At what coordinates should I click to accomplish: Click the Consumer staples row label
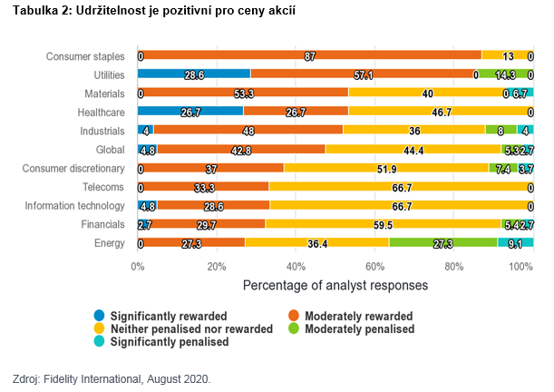[85, 56]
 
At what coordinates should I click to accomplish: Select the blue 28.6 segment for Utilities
[194, 74]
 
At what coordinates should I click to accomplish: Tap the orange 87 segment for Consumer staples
[309, 56]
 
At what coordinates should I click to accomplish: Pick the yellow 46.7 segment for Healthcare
[441, 112]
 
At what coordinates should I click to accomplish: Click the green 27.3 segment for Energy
[443, 243]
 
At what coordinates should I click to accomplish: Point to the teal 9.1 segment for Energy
[515, 243]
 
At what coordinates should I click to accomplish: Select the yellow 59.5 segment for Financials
[383, 224]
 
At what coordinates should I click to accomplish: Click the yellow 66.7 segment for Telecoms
[401, 187]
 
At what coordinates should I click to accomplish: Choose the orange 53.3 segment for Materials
[243, 93]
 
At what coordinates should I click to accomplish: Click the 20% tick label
[216, 266]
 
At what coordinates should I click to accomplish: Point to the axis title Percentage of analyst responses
[335, 285]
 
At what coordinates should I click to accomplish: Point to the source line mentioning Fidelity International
[112, 378]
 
